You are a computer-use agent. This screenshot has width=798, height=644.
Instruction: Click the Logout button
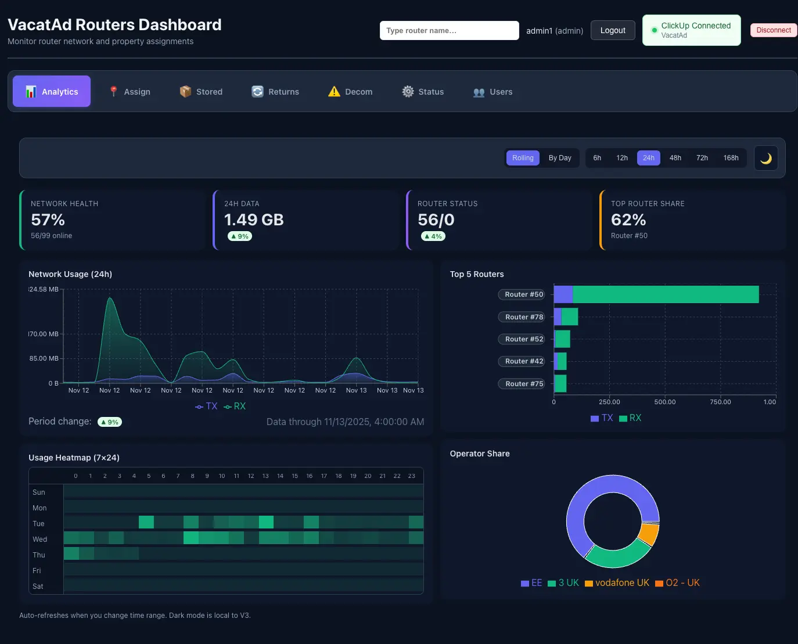click(613, 30)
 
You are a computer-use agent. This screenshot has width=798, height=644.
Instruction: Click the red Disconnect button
click(773, 30)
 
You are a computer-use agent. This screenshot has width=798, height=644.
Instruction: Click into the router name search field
click(449, 31)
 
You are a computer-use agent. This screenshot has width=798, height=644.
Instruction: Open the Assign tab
click(130, 92)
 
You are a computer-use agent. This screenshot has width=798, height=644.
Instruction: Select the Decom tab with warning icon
click(350, 92)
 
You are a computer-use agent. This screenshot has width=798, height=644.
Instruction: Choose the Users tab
click(493, 92)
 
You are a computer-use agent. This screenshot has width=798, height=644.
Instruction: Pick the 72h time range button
click(702, 158)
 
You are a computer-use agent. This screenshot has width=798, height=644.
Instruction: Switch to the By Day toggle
click(559, 158)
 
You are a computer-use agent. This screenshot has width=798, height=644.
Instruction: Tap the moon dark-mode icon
click(765, 158)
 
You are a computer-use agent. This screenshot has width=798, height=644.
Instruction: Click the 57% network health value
click(48, 220)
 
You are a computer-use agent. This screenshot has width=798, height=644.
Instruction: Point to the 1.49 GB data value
click(254, 220)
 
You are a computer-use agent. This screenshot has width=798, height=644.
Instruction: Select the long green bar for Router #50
click(665, 294)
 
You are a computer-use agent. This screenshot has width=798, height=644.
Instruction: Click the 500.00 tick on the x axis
click(664, 402)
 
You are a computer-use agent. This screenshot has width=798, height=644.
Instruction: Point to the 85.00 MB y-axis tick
click(44, 358)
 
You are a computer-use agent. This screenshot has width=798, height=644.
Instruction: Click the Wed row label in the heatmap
click(39, 539)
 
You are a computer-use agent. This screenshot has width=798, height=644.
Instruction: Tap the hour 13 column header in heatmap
click(265, 476)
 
